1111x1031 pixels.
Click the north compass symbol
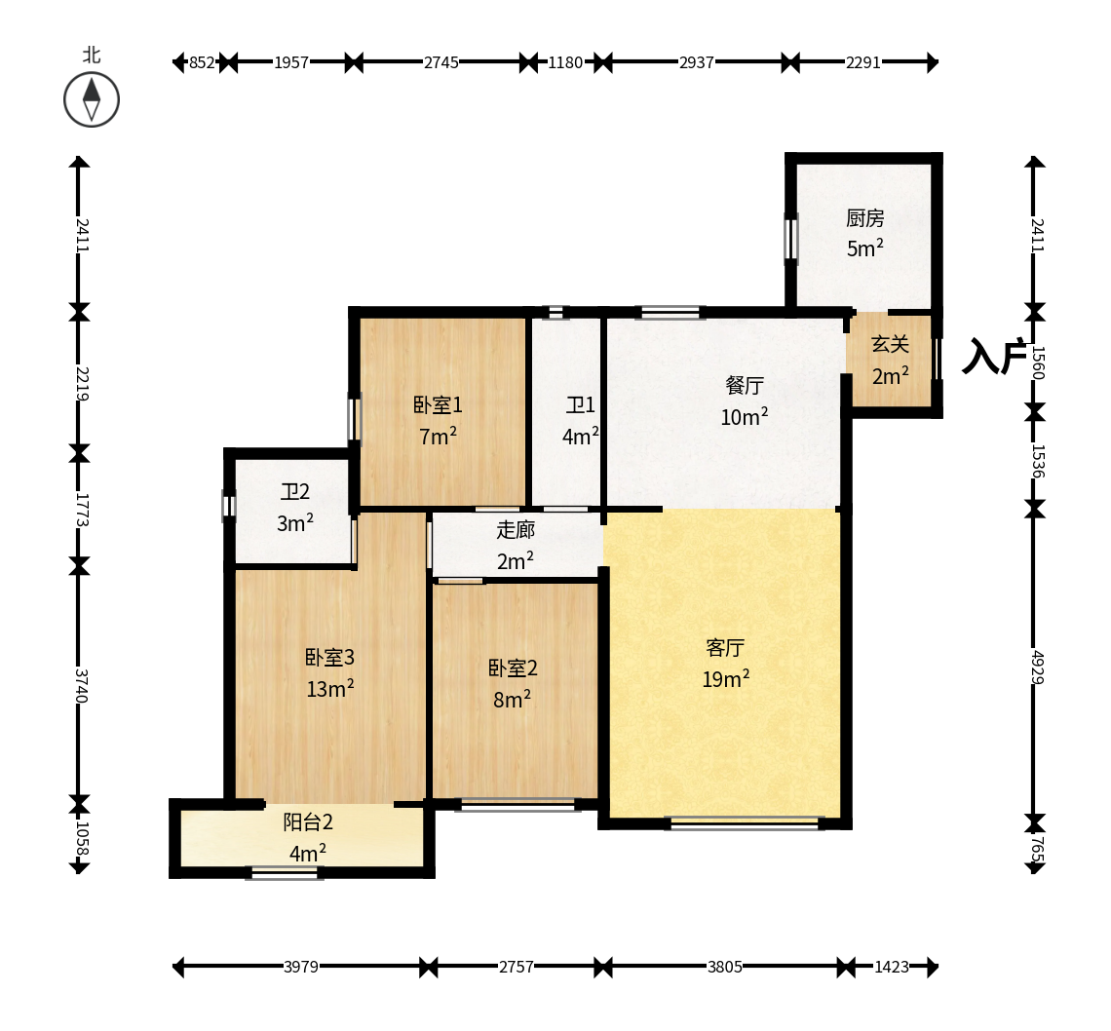pyautogui.click(x=92, y=99)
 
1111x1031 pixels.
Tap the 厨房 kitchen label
pyautogui.click(x=865, y=218)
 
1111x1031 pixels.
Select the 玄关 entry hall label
pyautogui.click(x=890, y=344)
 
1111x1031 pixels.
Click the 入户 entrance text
pyautogui.click(x=994, y=356)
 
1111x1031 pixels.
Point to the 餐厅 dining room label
pyautogui.click(x=745, y=386)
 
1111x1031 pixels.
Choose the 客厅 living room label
pyautogui.click(x=725, y=648)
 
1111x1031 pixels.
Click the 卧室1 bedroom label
pyautogui.click(x=438, y=405)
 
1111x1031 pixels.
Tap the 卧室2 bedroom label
pyautogui.click(x=513, y=668)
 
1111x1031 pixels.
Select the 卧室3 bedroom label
pyautogui.click(x=329, y=658)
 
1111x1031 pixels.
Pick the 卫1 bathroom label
pyautogui.click(x=580, y=405)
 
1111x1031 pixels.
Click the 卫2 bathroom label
pyautogui.click(x=294, y=492)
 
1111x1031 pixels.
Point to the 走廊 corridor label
pyautogui.click(x=516, y=530)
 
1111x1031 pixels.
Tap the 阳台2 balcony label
pyautogui.click(x=308, y=821)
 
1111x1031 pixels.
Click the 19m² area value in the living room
pyautogui.click(x=725, y=679)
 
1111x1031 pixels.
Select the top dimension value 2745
pyautogui.click(x=441, y=62)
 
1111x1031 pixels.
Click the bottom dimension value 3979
pyautogui.click(x=301, y=967)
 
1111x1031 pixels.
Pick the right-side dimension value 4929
pyautogui.click(x=1037, y=667)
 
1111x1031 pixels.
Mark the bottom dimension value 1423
pyautogui.click(x=892, y=967)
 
